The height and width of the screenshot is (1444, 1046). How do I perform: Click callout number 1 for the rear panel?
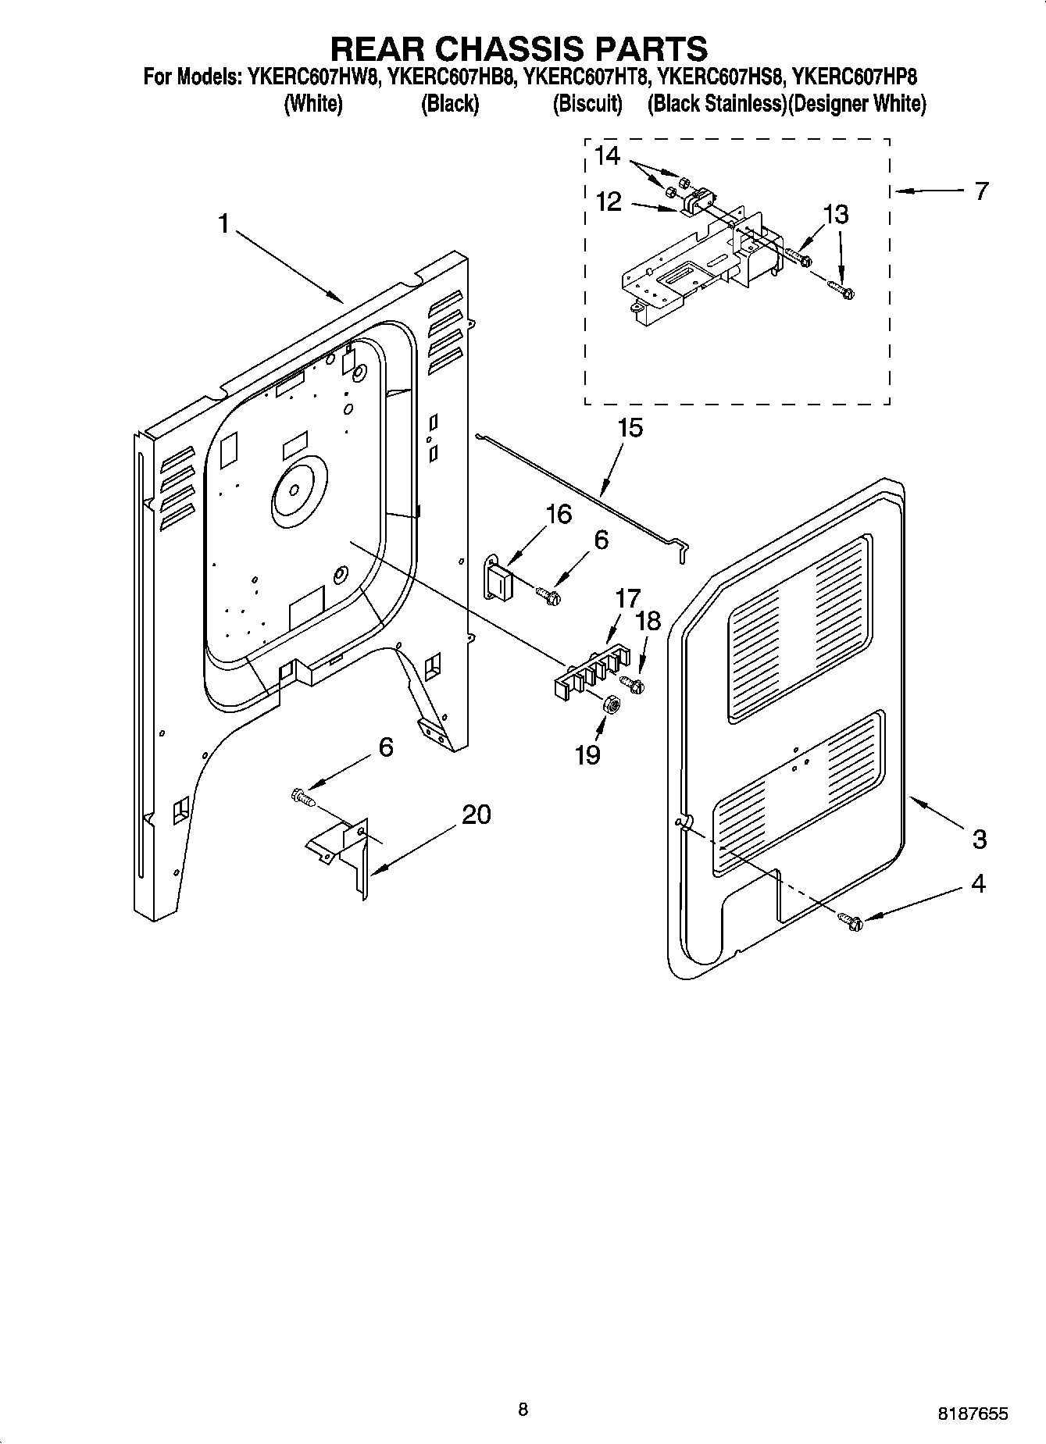(223, 225)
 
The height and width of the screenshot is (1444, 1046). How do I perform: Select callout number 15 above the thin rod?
(630, 428)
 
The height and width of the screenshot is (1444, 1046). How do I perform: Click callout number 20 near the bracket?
(476, 815)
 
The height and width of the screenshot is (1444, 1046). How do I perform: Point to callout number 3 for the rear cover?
(979, 840)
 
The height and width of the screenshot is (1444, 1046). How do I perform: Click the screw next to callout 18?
(636, 685)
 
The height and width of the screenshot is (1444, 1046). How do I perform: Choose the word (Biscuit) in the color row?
(587, 104)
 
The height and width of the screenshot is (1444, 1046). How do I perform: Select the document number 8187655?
(973, 1414)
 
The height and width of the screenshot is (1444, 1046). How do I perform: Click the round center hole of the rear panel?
(295, 490)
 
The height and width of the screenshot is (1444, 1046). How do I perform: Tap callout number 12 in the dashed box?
(608, 201)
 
